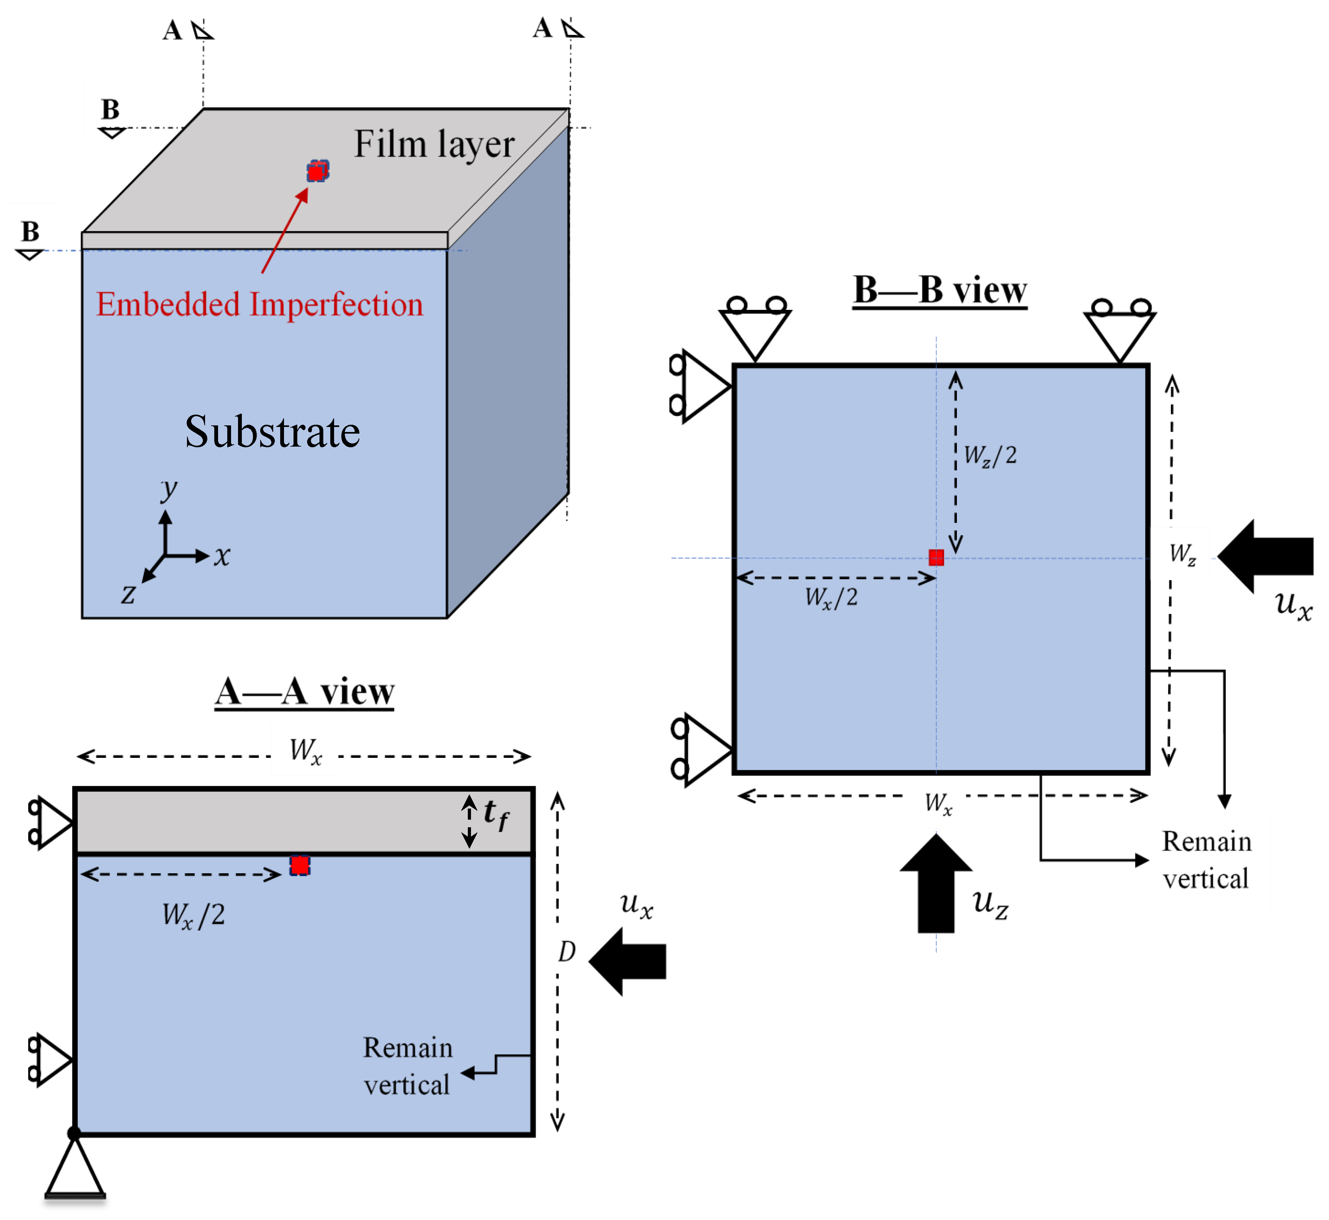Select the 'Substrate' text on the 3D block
click(x=272, y=432)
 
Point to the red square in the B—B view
click(x=936, y=558)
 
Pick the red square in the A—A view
click(x=300, y=866)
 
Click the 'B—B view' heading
click(x=939, y=290)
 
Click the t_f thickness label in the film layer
click(x=495, y=815)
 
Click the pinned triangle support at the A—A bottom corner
click(x=74, y=1167)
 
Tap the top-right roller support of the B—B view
click(x=1120, y=330)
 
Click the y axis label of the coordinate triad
click(x=169, y=489)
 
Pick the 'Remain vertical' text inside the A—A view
click(x=407, y=1066)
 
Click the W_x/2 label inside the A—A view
click(x=193, y=915)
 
